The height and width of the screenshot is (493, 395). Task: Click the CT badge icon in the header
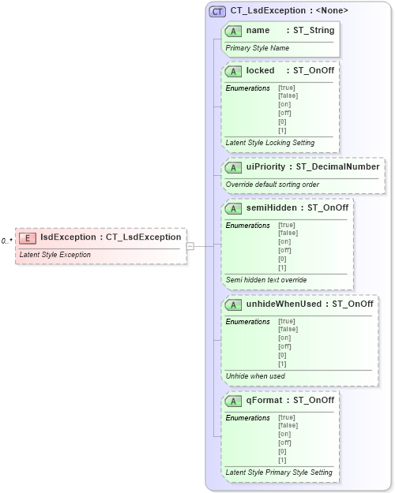coord(217,11)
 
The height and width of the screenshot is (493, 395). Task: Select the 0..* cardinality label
coord(6,241)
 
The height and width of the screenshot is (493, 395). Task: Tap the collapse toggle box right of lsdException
coord(190,246)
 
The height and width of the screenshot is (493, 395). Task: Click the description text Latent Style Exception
coord(55,255)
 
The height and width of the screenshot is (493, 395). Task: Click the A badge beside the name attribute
coord(233,31)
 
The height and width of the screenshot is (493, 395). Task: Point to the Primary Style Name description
coord(257,48)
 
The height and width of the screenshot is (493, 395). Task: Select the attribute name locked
coord(260,70)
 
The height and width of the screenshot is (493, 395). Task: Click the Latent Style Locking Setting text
coord(269,143)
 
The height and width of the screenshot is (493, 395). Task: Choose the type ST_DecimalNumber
coord(345,167)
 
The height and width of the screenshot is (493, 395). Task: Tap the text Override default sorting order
coord(272,185)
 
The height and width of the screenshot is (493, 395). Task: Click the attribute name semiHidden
coord(273,208)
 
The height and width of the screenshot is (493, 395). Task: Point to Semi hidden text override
coord(265,280)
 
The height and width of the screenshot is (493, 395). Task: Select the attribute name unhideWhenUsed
coord(284,304)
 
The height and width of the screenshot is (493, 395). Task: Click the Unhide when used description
coord(255,376)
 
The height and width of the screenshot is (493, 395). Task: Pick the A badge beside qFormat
coord(233,401)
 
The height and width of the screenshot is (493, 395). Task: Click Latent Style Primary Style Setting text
coord(278,472)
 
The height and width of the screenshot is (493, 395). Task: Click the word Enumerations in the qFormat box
coord(247,418)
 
